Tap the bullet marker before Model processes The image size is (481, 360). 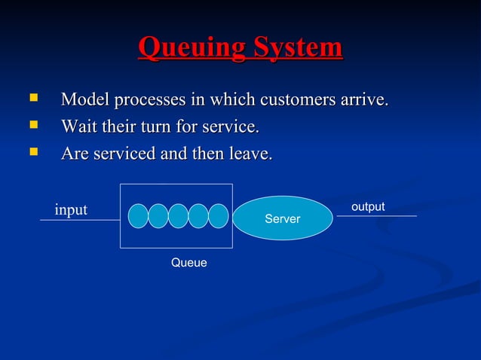tap(32, 97)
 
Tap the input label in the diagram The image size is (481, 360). tap(71, 209)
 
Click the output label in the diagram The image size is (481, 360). tap(368, 206)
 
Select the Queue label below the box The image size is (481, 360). tap(188, 263)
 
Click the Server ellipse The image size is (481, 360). tap(283, 218)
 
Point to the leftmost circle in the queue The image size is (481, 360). tap(138, 215)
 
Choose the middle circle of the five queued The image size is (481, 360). tap(178, 215)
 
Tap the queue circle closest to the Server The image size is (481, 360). tap(218, 215)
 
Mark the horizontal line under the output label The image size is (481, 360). tap(376, 216)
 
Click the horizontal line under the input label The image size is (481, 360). tap(80, 220)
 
